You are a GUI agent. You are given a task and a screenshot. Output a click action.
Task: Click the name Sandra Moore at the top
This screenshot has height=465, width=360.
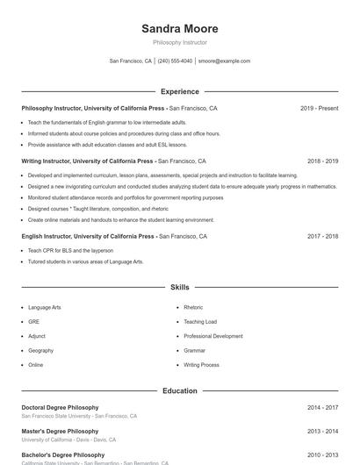[179, 29]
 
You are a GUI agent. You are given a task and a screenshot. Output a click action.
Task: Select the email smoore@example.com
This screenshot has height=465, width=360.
[224, 61]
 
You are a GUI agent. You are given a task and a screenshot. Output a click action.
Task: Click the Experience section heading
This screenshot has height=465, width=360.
[179, 91]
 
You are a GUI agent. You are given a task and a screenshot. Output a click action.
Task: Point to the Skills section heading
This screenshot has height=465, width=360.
[179, 287]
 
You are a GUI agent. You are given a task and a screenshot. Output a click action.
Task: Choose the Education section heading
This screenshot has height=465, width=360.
[179, 390]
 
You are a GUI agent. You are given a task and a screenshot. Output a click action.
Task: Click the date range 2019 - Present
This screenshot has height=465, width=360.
[319, 108]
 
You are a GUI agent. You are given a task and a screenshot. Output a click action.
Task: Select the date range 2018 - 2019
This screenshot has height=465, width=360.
[322, 161]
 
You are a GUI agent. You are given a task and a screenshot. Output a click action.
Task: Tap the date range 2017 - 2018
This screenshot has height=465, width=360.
[322, 236]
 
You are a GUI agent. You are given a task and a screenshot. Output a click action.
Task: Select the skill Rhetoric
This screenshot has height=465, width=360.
[193, 308]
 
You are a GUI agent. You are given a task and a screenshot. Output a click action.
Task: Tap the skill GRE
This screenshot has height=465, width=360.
[33, 322]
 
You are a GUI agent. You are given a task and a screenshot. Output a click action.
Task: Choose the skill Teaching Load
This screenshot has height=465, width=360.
[200, 322]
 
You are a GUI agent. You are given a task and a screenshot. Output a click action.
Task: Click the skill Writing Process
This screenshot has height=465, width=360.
[201, 364]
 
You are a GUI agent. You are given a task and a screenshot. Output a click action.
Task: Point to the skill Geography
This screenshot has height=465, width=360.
[40, 350]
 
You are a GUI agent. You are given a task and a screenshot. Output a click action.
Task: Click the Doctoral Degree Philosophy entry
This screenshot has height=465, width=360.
[60, 408]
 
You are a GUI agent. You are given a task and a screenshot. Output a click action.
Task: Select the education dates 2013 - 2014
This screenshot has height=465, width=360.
[322, 432]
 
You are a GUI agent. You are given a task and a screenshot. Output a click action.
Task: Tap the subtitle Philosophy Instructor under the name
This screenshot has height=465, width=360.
[179, 42]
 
